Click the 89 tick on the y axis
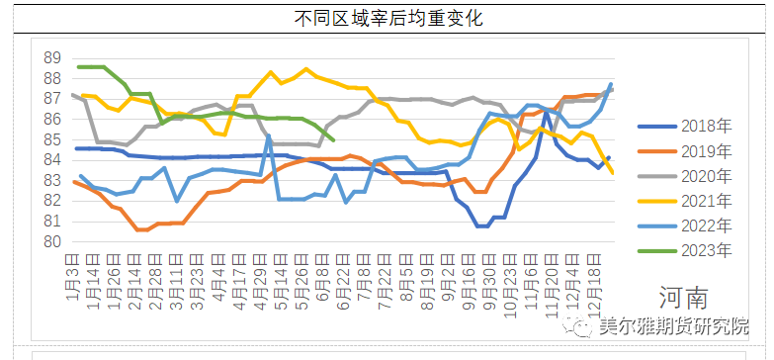(x=53, y=57)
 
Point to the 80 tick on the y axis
(x=53, y=242)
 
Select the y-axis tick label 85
(x=53, y=139)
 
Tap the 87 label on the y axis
(x=53, y=99)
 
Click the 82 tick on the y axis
(x=53, y=201)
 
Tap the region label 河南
(x=683, y=298)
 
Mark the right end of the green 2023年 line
(x=332, y=139)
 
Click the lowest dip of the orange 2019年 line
(x=141, y=229)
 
